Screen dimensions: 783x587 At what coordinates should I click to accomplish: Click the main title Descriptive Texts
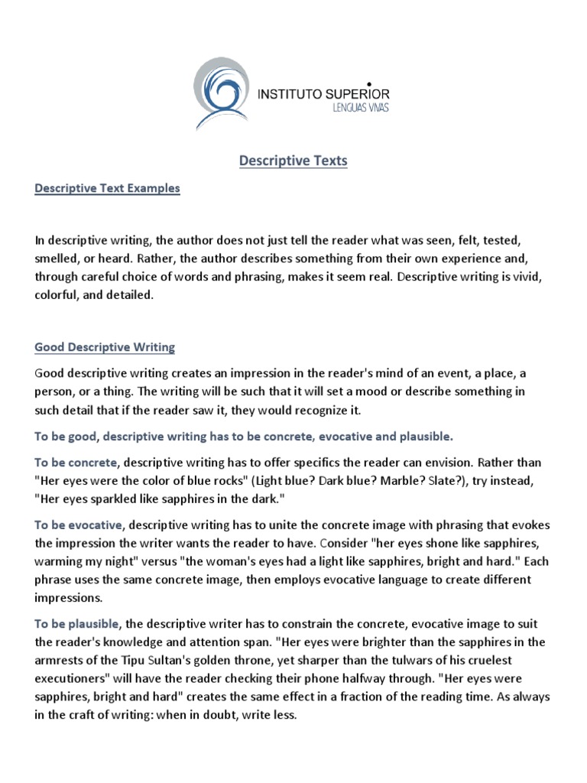coord(293,161)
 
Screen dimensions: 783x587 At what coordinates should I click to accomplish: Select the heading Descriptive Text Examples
coord(107,188)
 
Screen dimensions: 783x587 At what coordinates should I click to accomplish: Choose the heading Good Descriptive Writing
coord(105,347)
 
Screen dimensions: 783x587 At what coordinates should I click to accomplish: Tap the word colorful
coord(58,295)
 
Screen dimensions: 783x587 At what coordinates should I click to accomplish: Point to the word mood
coord(337,391)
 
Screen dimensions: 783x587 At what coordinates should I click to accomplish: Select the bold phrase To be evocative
coord(78,525)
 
